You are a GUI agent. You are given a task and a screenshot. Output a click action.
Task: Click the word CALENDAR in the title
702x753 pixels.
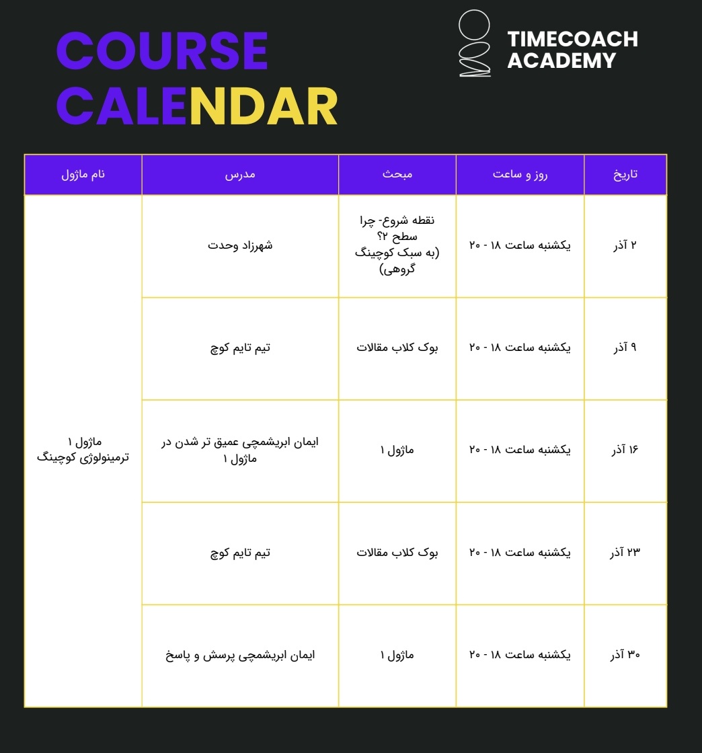tap(196, 106)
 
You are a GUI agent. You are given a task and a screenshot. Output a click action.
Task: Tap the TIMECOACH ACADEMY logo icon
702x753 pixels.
tap(474, 44)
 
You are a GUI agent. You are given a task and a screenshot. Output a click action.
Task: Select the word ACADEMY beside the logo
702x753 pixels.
tap(561, 61)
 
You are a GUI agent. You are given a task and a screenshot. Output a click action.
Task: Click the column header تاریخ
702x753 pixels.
tap(625, 175)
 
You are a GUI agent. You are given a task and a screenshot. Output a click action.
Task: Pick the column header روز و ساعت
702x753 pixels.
tap(520, 175)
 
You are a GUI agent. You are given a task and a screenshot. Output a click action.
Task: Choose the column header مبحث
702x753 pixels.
tap(397, 175)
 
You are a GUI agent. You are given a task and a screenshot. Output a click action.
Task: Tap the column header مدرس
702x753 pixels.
tap(240, 175)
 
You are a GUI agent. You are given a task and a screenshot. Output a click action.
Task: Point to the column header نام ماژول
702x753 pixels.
tap(83, 175)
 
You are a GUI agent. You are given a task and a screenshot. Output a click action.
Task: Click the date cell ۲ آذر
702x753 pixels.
tap(625, 245)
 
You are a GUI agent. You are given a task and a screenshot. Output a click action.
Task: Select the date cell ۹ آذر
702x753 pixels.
tap(625, 348)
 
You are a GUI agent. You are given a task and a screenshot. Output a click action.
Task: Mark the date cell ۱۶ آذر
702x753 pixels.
tap(625, 450)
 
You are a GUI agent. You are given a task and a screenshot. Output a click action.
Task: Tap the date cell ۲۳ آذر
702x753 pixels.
tap(625, 553)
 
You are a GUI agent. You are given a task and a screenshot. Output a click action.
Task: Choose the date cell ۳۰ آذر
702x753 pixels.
tap(625, 655)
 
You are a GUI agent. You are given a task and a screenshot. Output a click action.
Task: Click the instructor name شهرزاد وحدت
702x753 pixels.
tap(240, 245)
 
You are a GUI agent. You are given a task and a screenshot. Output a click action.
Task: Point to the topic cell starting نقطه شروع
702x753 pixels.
tap(397, 245)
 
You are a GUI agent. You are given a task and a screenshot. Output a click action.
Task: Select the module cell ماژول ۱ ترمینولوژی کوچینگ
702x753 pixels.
tap(83, 450)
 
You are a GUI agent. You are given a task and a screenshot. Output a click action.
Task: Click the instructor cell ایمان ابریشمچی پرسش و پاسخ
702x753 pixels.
tap(240, 655)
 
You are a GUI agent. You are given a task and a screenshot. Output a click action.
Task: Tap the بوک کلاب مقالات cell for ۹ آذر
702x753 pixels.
tap(397, 348)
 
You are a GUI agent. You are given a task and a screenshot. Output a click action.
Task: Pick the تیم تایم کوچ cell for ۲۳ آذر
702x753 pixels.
tap(240, 553)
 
